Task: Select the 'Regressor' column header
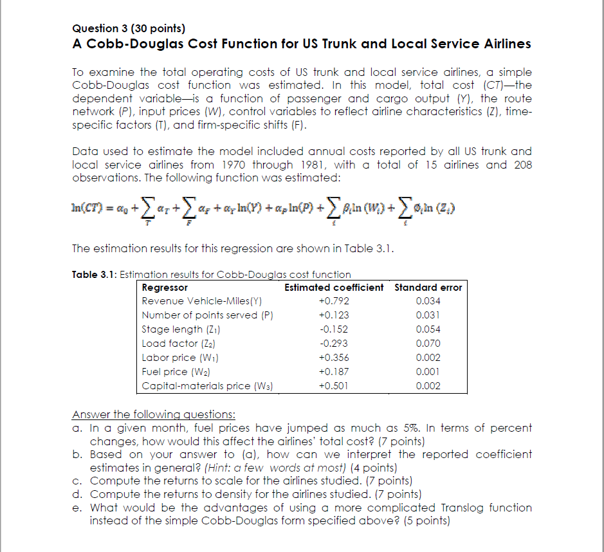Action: click(165, 288)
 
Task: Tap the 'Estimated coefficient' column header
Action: click(334, 288)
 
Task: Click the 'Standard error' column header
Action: click(428, 288)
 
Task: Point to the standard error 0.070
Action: click(428, 344)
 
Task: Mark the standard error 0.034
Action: click(428, 301)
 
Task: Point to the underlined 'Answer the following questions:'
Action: click(154, 414)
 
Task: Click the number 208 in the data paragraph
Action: click(522, 165)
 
